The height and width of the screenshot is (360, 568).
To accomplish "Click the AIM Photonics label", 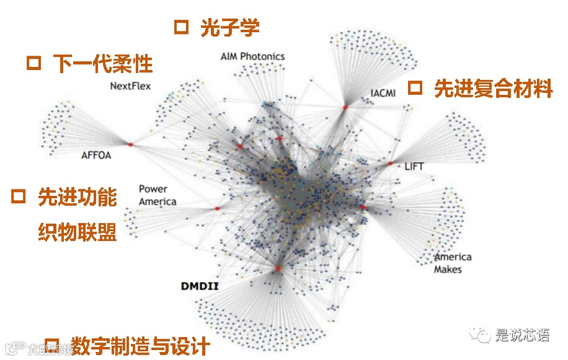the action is (x=252, y=56).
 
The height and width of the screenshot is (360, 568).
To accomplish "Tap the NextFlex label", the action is (x=130, y=86).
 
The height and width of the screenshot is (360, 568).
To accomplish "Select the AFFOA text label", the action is (x=96, y=156).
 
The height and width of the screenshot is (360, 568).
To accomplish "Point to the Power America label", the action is (x=157, y=195).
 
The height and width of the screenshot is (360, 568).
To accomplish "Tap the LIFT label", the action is (x=414, y=166).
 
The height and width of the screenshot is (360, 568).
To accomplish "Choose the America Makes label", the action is (x=452, y=263).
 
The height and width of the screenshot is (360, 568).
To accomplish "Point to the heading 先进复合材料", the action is (x=493, y=89).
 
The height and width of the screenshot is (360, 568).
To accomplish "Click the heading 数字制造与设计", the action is (x=140, y=346).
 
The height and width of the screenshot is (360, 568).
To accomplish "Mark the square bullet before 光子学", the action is (x=181, y=27).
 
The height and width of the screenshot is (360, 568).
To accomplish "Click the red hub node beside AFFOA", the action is (x=131, y=144).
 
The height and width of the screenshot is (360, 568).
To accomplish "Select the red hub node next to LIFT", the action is (x=390, y=164).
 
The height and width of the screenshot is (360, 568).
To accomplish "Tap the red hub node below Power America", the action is (x=218, y=209).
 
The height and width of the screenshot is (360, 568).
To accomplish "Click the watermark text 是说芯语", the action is (x=522, y=336).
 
